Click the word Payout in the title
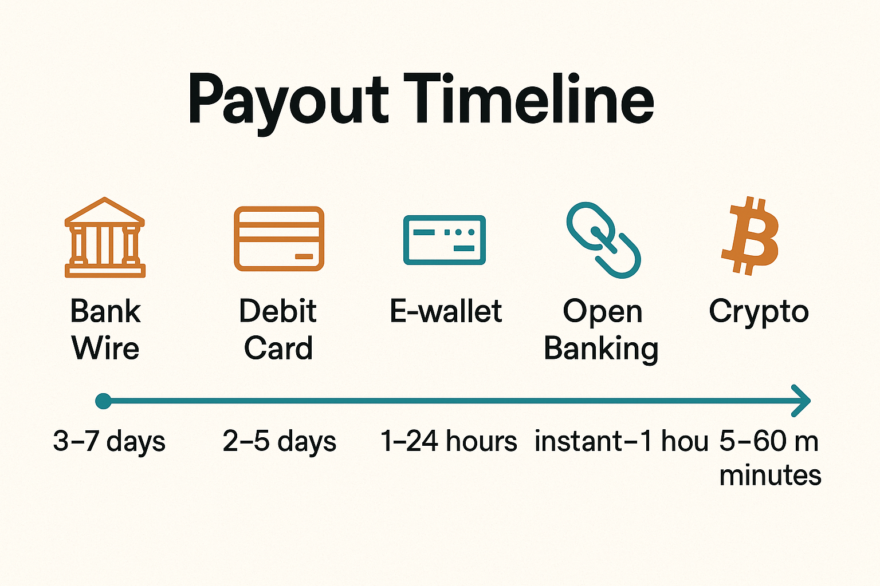tap(288, 104)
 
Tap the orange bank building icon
tap(105, 237)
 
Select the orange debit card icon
tap(279, 239)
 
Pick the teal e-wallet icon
tap(445, 240)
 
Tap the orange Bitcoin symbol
tap(750, 236)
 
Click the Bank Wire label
tap(105, 329)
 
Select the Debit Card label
tap(278, 329)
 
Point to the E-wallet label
tap(446, 311)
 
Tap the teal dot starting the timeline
tap(103, 401)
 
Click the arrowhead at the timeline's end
tap(802, 401)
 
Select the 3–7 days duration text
tap(109, 442)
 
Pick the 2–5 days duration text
tap(280, 442)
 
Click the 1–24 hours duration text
tap(449, 441)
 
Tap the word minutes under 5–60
tap(770, 476)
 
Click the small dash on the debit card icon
tap(304, 257)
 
